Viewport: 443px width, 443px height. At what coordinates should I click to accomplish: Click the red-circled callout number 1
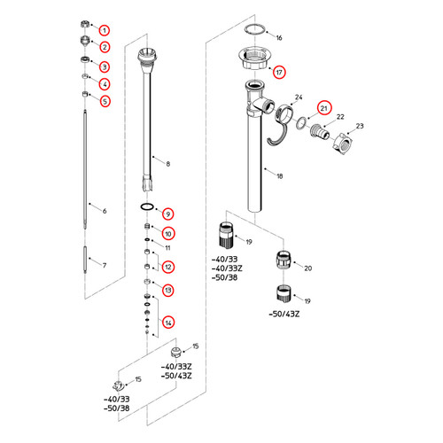tap(105, 30)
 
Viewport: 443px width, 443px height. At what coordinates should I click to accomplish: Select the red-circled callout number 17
tap(279, 72)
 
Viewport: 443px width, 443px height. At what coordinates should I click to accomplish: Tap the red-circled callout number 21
tap(324, 108)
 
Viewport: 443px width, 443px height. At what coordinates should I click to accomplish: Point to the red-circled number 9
tap(168, 214)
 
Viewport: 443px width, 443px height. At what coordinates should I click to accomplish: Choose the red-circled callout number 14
tap(168, 323)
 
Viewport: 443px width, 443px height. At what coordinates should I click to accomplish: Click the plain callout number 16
tap(279, 38)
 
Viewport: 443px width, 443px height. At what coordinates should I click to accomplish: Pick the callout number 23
tap(360, 126)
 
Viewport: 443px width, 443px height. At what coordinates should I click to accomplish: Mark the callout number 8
tap(168, 164)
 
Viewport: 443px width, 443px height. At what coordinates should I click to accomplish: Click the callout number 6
tap(105, 211)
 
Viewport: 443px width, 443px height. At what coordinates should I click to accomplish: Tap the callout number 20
tap(308, 268)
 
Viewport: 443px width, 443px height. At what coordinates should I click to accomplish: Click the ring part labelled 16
tap(254, 30)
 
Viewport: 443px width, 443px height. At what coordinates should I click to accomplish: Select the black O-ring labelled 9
tap(147, 206)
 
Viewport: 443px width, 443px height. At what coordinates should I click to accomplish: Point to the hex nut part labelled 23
tap(342, 144)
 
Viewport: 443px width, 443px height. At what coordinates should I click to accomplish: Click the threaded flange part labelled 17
tap(254, 58)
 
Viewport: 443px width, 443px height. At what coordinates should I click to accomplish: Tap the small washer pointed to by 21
tap(301, 123)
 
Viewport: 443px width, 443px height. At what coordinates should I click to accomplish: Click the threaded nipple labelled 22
tap(320, 132)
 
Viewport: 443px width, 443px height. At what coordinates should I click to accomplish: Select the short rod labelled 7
tap(85, 260)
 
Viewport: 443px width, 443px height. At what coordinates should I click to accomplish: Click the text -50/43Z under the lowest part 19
tap(284, 314)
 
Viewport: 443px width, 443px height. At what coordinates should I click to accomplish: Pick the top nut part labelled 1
tap(85, 24)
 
